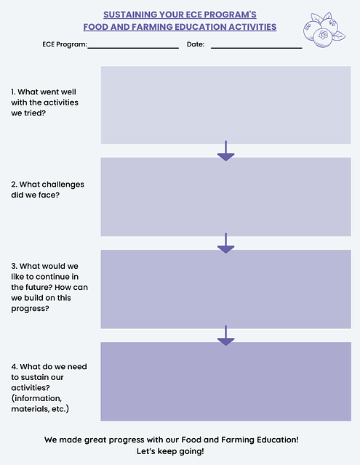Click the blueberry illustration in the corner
pyautogui.click(x=324, y=30)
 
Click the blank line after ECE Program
pyautogui.click(x=133, y=48)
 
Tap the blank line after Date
pyautogui.click(x=257, y=48)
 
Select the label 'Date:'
pyautogui.click(x=196, y=44)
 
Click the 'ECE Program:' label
pyautogui.click(x=65, y=44)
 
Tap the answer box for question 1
pyautogui.click(x=226, y=105)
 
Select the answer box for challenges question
pyautogui.click(x=226, y=197)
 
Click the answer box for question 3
pyautogui.click(x=226, y=289)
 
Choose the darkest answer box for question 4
pyautogui.click(x=226, y=381)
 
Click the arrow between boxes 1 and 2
pyautogui.click(x=226, y=151)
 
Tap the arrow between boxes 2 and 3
pyautogui.click(x=226, y=243)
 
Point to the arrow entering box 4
pyautogui.click(x=226, y=336)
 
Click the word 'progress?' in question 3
pyautogui.click(x=30, y=309)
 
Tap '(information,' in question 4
pyautogui.click(x=36, y=398)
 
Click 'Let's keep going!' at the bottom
pyautogui.click(x=170, y=451)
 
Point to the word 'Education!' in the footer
pyautogui.click(x=278, y=440)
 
